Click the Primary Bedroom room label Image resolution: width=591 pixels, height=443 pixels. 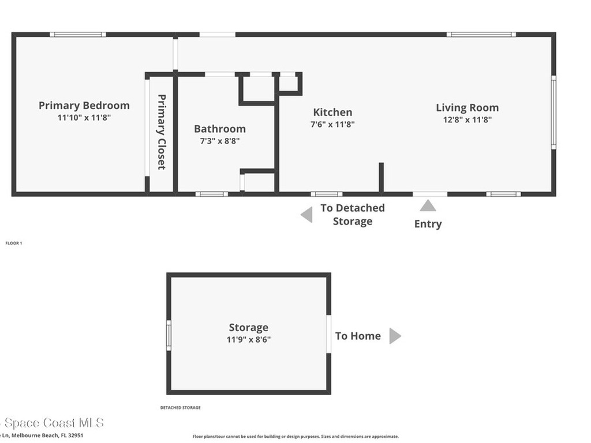coord(84,106)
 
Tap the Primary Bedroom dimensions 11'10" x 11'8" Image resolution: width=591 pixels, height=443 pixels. coord(84,118)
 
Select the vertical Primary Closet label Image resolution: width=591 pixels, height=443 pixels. coord(162,132)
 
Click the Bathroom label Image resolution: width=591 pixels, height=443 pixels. coord(219,129)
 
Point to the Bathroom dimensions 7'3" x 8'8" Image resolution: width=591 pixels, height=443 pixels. coord(219,141)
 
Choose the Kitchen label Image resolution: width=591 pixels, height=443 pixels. coord(332,112)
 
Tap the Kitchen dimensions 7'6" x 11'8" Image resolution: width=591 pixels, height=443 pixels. coord(332,124)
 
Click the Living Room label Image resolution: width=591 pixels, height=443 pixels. coord(467,107)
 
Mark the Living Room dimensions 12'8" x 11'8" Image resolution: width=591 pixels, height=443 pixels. coord(467,119)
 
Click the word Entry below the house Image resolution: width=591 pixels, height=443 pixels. coord(428,224)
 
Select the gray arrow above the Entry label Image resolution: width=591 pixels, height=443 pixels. coord(428,206)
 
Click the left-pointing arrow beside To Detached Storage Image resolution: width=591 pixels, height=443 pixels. coord(306,215)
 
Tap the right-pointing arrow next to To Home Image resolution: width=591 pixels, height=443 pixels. coord(395,336)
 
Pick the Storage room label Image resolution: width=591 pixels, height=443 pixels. coord(248,328)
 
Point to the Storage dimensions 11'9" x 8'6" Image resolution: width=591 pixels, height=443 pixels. coord(248,340)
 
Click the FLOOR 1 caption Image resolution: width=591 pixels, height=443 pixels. coord(13,243)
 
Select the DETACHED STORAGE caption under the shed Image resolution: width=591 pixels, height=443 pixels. coord(180,408)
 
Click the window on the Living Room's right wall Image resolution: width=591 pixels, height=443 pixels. coord(553,113)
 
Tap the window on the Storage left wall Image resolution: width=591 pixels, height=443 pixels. coord(169,335)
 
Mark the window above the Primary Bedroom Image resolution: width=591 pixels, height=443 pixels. coord(77,35)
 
